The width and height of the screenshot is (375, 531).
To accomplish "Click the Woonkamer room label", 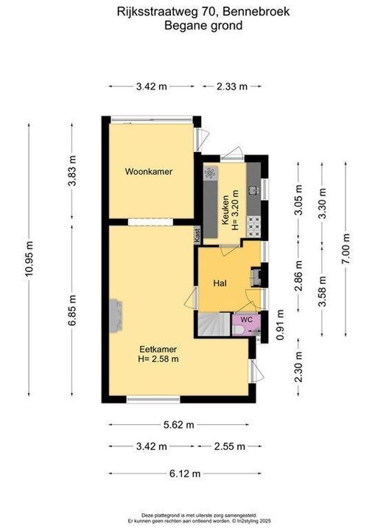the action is coord(149,171).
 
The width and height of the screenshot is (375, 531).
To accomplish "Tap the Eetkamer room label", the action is coord(158,349).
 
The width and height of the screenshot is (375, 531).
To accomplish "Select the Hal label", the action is coord(220,283).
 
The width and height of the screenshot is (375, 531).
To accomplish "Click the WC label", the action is coord(246,319).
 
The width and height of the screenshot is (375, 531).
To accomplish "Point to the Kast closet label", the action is coord(197,235).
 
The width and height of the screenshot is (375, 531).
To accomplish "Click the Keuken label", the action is coord(225,210).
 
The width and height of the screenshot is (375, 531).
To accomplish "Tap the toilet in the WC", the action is coord(238,330).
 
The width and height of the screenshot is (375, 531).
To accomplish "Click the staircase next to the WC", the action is coord(214,324).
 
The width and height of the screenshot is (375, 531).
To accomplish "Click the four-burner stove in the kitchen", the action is coord(253,226).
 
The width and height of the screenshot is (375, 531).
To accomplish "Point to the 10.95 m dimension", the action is coord(29,259).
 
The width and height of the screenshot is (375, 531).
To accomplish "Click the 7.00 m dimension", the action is coord(346,249).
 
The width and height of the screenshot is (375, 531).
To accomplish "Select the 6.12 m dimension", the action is coord(185,473).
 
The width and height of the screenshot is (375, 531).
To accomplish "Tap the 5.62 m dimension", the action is coord(179,425).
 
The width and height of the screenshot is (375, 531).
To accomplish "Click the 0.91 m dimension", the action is coord(280,324).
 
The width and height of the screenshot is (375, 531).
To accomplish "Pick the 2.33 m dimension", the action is coord(232,86).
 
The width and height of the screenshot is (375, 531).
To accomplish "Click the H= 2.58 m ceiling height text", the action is coord(158,359).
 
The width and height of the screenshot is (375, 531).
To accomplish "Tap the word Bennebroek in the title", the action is coord(256,12).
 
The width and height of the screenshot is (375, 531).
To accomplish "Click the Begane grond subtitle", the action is coord(203,25).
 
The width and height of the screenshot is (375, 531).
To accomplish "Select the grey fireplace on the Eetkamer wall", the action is coord(116,316).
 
